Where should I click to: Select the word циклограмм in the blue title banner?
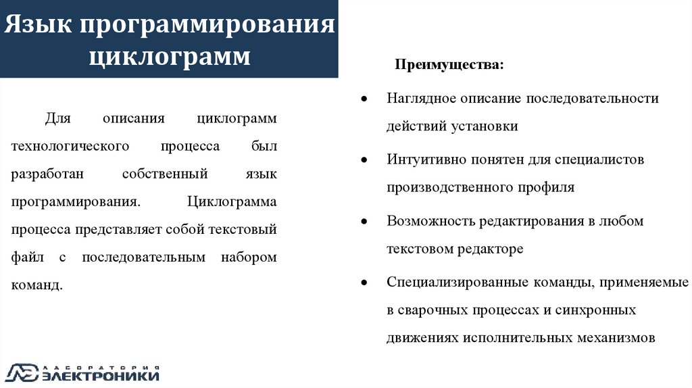pos(170,56)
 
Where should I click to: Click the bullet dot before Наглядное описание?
pos(364,99)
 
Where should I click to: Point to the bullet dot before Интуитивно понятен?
pos(364,160)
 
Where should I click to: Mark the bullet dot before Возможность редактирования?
pos(364,222)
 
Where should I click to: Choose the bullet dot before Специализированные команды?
pos(364,283)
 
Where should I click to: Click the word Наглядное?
pos(421,99)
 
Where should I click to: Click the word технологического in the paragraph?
pos(60,147)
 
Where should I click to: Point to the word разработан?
pos(47,174)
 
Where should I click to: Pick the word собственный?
pos(165,174)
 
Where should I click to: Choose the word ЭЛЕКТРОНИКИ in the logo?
pos(101,375)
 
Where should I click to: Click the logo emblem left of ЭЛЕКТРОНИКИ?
pos(22,372)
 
